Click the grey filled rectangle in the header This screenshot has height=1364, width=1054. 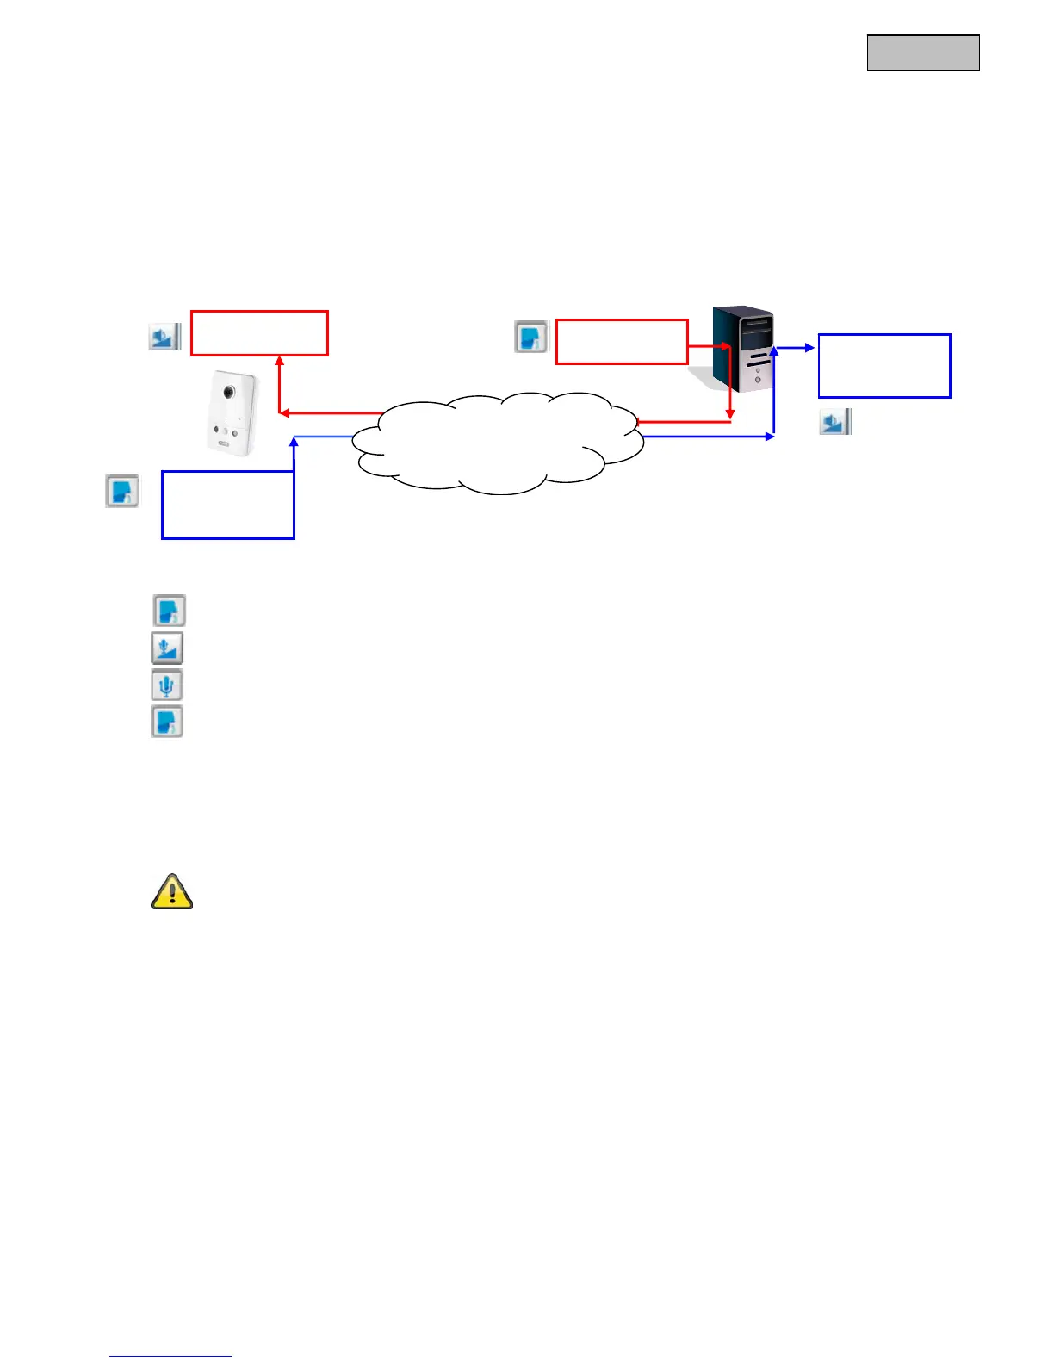click(923, 53)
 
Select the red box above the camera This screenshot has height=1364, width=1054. click(259, 333)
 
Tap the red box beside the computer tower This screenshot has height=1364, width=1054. click(622, 342)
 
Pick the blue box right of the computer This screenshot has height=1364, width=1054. click(884, 366)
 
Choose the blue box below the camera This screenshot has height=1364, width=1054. click(228, 505)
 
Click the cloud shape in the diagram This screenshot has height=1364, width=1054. click(499, 443)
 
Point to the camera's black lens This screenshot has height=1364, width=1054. click(229, 391)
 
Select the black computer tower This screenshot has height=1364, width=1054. click(743, 349)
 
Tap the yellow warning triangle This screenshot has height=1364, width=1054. click(171, 892)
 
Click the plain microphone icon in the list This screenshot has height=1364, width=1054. click(167, 685)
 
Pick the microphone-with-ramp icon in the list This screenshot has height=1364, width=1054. click(167, 648)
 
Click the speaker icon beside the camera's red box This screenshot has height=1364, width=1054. click(164, 336)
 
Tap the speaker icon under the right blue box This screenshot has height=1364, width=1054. click(834, 422)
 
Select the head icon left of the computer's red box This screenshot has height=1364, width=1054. click(531, 337)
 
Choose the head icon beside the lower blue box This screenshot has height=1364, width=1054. click(122, 491)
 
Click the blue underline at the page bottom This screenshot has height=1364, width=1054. click(170, 1356)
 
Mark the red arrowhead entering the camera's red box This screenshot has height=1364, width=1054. click(279, 361)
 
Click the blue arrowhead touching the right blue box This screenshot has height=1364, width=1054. click(809, 348)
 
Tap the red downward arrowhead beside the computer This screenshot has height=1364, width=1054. click(730, 416)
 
